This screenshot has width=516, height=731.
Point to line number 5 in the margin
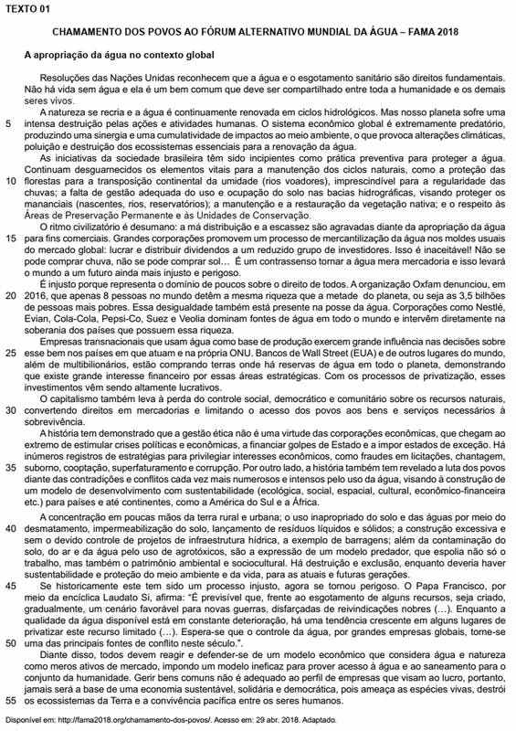pos(9,122)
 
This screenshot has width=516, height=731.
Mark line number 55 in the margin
pos(11,699)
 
